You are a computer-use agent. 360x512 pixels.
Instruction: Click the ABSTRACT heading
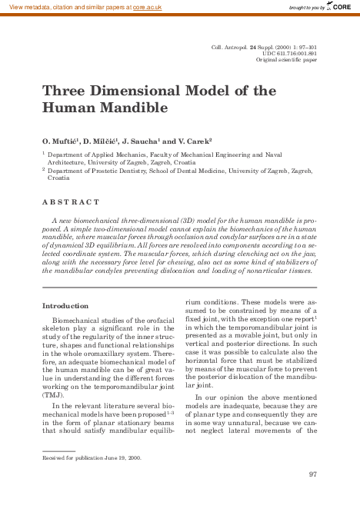71,201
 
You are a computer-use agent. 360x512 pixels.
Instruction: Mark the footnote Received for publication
74,458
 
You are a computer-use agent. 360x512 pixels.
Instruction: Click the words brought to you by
306,7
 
